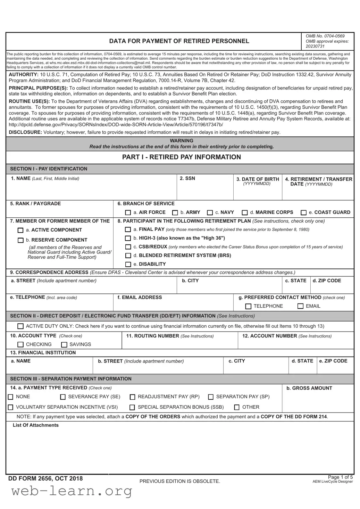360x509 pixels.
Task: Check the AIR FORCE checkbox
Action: tap(128, 212)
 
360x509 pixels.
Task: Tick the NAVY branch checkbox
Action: tap(210, 212)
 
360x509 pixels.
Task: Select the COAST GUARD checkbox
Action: tap(303, 212)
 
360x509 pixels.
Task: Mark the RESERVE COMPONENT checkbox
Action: tap(20, 240)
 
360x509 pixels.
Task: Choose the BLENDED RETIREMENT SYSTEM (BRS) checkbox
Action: tap(128, 256)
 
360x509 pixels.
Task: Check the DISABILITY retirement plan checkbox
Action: tap(128, 265)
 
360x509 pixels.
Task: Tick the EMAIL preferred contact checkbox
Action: tap(300, 306)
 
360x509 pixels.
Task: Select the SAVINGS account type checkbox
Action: tap(64, 345)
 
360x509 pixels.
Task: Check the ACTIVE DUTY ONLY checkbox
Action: tap(20, 326)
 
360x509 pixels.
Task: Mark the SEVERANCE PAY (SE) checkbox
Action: tap(63, 397)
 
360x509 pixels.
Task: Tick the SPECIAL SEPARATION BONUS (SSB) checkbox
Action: tap(132, 407)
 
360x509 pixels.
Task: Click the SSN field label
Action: tap(187, 178)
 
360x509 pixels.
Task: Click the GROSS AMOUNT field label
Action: tap(309, 388)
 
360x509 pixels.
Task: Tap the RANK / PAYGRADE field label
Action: tap(35, 204)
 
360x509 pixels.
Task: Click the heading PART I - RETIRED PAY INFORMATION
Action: tap(181, 157)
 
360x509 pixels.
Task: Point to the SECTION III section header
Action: tap(71, 379)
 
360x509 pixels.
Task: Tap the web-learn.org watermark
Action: tap(72, 491)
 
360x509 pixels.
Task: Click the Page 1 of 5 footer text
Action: tap(340, 477)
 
